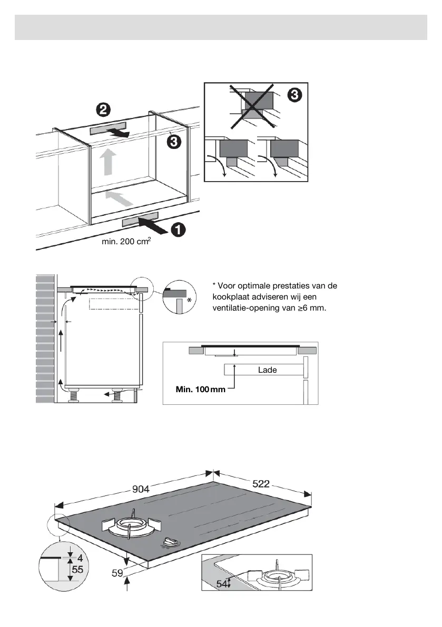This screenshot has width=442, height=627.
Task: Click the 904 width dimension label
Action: coord(141,489)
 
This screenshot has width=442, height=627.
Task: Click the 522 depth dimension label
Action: coord(260,484)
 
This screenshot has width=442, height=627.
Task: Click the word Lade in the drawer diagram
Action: coord(267,370)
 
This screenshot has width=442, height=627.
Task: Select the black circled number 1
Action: coord(178,230)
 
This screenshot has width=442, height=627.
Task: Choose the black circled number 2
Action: coord(103,110)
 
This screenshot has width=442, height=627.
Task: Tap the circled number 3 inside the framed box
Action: coord(294,95)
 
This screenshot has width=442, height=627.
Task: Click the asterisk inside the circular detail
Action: coord(189,299)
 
